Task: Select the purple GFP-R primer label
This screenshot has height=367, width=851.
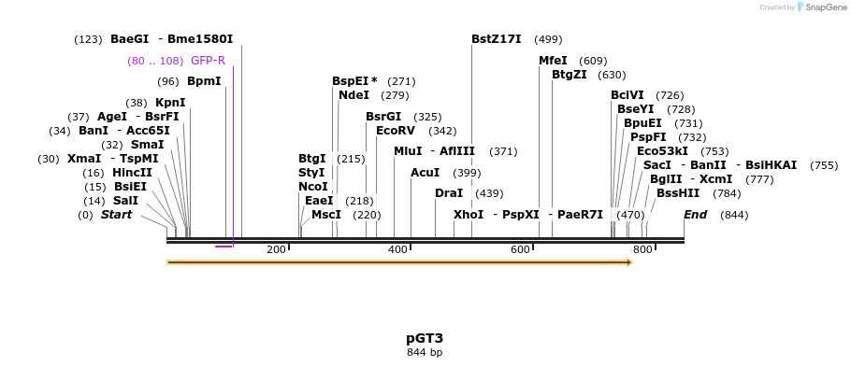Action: (208, 61)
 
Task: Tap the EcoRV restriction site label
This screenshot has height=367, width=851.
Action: (395, 131)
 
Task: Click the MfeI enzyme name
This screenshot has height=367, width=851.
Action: (553, 61)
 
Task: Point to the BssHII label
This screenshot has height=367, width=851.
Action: (677, 193)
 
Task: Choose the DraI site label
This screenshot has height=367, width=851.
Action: (449, 193)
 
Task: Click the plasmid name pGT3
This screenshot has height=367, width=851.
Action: (425, 337)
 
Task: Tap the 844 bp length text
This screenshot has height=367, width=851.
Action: (425, 352)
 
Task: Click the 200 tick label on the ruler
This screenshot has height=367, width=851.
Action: (276, 249)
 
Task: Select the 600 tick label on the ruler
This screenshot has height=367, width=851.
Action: (520, 249)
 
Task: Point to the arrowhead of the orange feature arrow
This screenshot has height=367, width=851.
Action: (629, 262)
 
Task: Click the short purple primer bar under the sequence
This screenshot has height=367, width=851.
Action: (224, 247)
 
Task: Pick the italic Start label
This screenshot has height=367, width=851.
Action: (116, 215)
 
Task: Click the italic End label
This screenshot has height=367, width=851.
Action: (695, 215)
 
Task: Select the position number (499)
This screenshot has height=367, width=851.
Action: (548, 39)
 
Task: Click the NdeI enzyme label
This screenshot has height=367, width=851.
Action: (353, 95)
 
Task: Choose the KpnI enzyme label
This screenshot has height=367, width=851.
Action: (170, 103)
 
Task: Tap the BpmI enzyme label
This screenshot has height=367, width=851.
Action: (204, 81)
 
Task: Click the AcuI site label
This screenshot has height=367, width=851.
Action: (425, 173)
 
